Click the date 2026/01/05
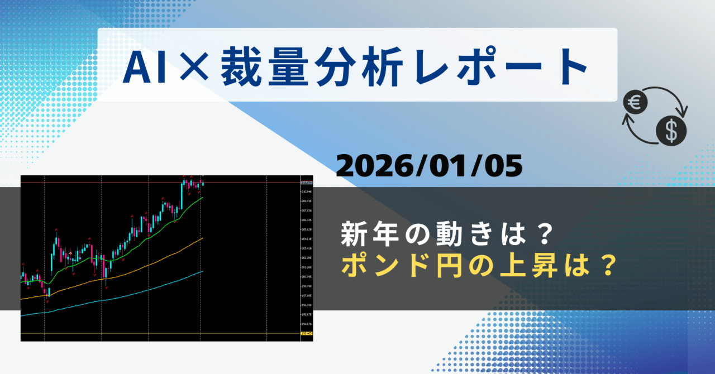430,166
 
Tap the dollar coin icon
671,130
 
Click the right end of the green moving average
202,197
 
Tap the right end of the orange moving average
202,238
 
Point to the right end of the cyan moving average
202,271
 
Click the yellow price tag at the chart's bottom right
306,334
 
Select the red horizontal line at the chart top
112,183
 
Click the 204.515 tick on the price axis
306,239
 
